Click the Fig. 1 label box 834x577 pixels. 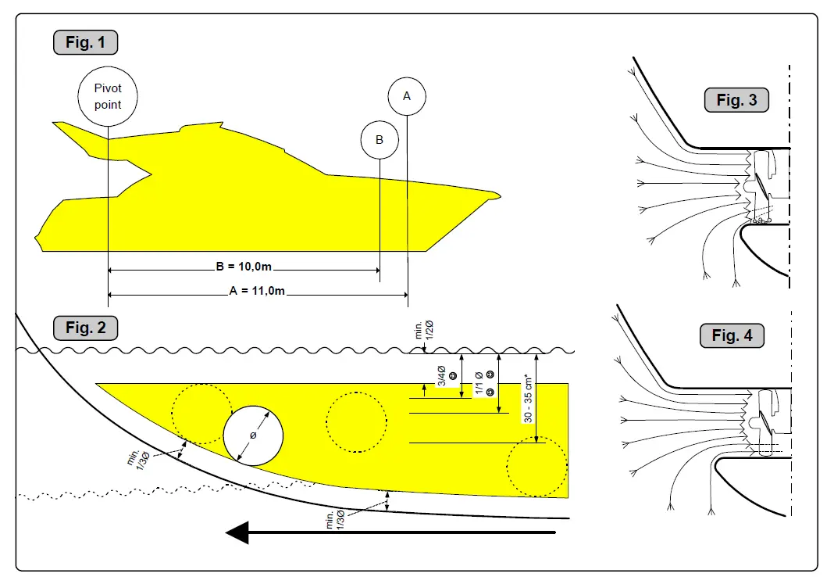(85, 42)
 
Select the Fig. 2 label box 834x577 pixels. (85, 328)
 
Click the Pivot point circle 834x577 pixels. (108, 97)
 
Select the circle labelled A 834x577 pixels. (406, 96)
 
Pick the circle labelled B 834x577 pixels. (380, 140)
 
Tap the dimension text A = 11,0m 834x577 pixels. (257, 292)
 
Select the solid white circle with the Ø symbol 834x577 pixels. (253, 435)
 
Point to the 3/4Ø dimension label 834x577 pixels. (441, 375)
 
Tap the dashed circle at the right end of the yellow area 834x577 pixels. (537, 467)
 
